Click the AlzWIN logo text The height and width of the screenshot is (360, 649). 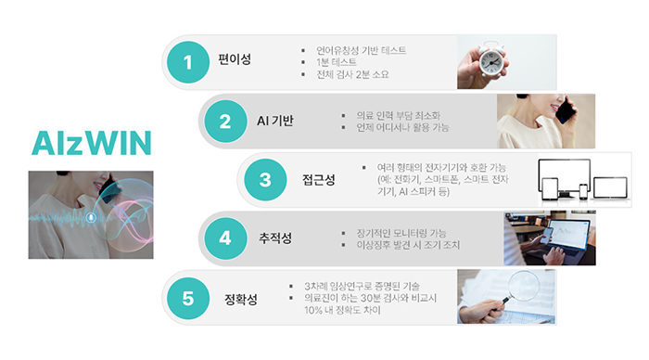tap(92, 143)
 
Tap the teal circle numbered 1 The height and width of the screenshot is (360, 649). tap(188, 62)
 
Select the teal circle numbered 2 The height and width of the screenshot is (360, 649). tap(225, 122)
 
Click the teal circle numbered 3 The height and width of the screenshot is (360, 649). tap(265, 180)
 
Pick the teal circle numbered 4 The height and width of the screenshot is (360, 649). tap(225, 238)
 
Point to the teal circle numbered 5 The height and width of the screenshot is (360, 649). tap(188, 298)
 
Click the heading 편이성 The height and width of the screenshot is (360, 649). tap(235, 59)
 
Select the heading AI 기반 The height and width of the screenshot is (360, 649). tap(274, 121)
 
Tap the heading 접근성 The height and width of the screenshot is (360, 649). tap(318, 180)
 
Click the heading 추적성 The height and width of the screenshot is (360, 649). tap(275, 238)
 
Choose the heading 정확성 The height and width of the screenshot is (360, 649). tap(241, 299)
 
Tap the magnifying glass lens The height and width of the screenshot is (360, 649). tap(524, 285)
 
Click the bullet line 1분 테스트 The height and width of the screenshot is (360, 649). tap(336, 62)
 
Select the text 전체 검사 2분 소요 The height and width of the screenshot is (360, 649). tap(352, 74)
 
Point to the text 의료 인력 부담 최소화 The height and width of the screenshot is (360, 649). tap(398, 115)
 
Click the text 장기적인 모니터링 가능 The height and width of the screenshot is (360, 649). tap(401, 233)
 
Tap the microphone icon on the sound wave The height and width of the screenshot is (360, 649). tap(91, 217)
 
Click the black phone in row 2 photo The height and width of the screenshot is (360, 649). tap(566, 109)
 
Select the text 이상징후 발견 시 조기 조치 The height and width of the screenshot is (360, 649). tap(408, 245)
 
